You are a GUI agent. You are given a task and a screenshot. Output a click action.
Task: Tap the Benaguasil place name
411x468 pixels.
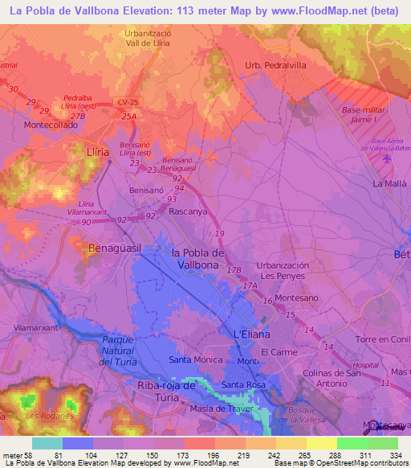pos(115,249)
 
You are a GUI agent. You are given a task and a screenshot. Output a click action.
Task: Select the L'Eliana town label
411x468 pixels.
pos(251,334)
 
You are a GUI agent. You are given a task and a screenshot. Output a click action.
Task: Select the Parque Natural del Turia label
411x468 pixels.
pos(121,351)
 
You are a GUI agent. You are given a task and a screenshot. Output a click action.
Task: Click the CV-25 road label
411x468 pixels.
pos(128,102)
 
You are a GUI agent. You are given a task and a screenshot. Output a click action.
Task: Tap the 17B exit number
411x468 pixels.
pos(233,270)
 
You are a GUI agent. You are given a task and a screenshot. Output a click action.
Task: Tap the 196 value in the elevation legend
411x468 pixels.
pos(210,455)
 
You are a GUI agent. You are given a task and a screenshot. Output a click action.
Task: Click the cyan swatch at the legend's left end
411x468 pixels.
pos(47,443)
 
